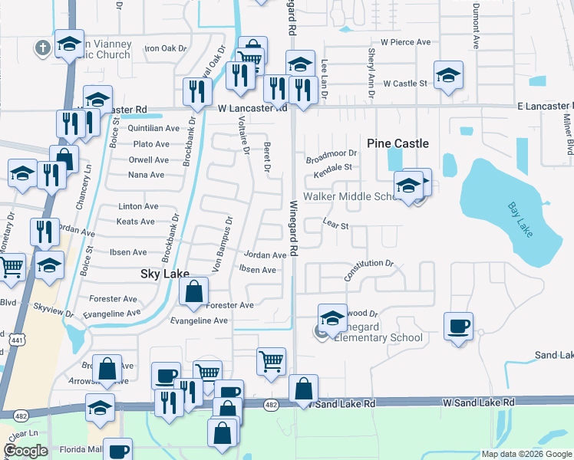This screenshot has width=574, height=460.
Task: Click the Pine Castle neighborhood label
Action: tap(398, 143)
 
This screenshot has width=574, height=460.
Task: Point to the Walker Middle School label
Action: tap(350, 197)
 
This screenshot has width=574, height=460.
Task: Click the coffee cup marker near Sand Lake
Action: tap(459, 326)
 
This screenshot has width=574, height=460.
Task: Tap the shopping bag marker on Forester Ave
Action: tap(194, 291)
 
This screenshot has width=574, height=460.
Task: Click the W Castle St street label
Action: tap(405, 83)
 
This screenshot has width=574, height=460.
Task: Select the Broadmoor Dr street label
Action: tap(332, 157)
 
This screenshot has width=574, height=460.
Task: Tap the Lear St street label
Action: tap(336, 226)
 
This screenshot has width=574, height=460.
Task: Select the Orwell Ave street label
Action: tap(150, 159)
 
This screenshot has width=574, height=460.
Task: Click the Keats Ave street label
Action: tap(137, 222)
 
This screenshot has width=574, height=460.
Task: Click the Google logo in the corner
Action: tap(25, 451)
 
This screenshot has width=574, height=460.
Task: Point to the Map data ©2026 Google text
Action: tap(526, 454)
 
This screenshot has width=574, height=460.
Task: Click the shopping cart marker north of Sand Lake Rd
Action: tap(270, 360)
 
